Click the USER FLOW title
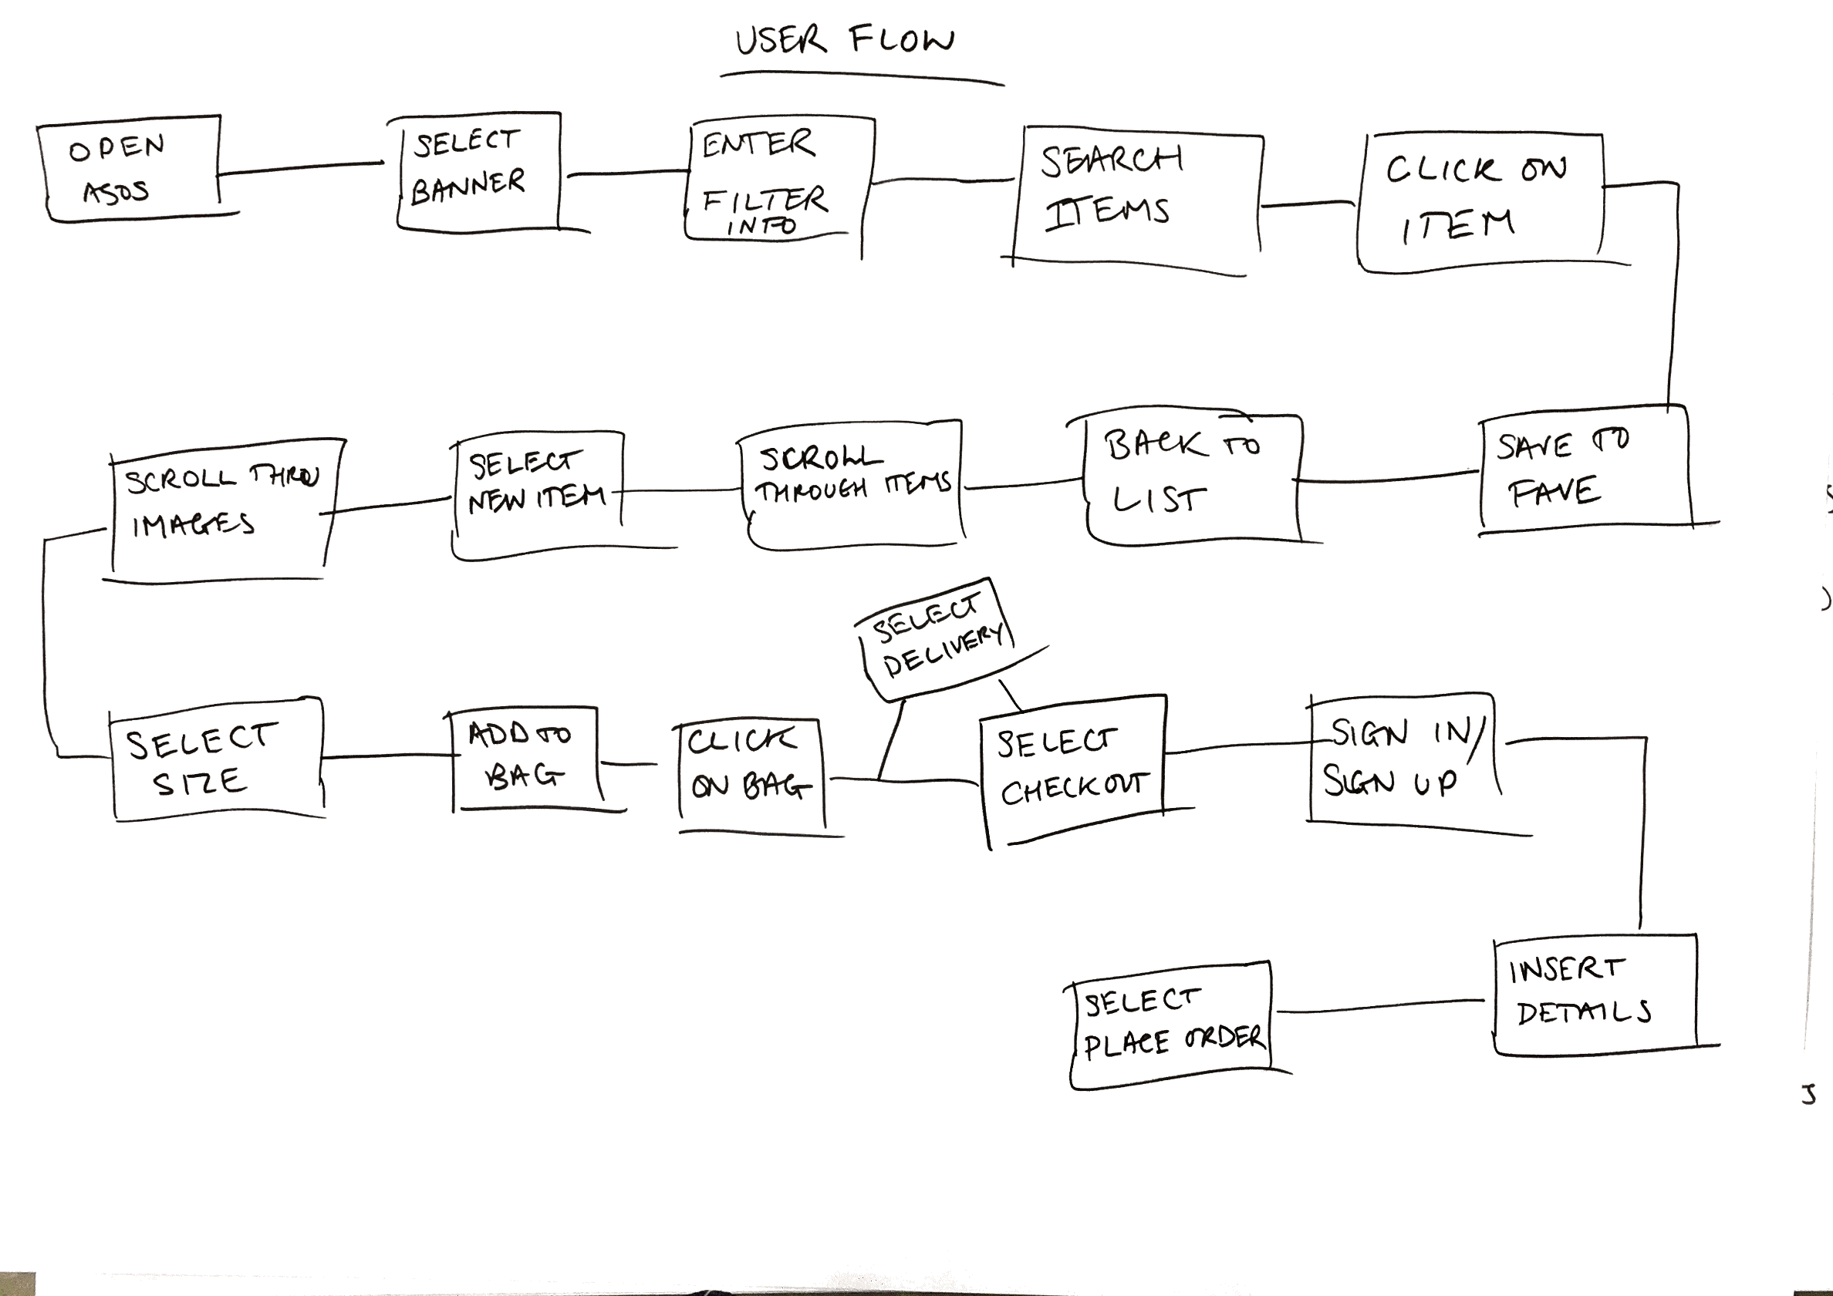coord(845,40)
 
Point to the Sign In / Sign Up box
coord(1401,758)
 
